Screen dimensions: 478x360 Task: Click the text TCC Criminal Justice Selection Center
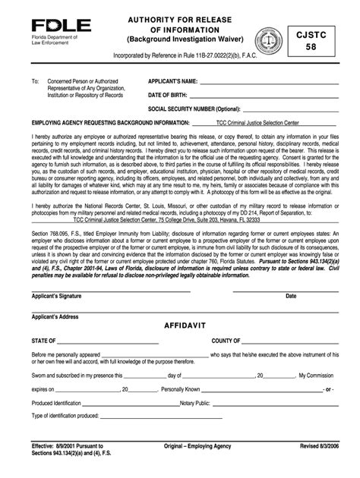pyautogui.click(x=256, y=121)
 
